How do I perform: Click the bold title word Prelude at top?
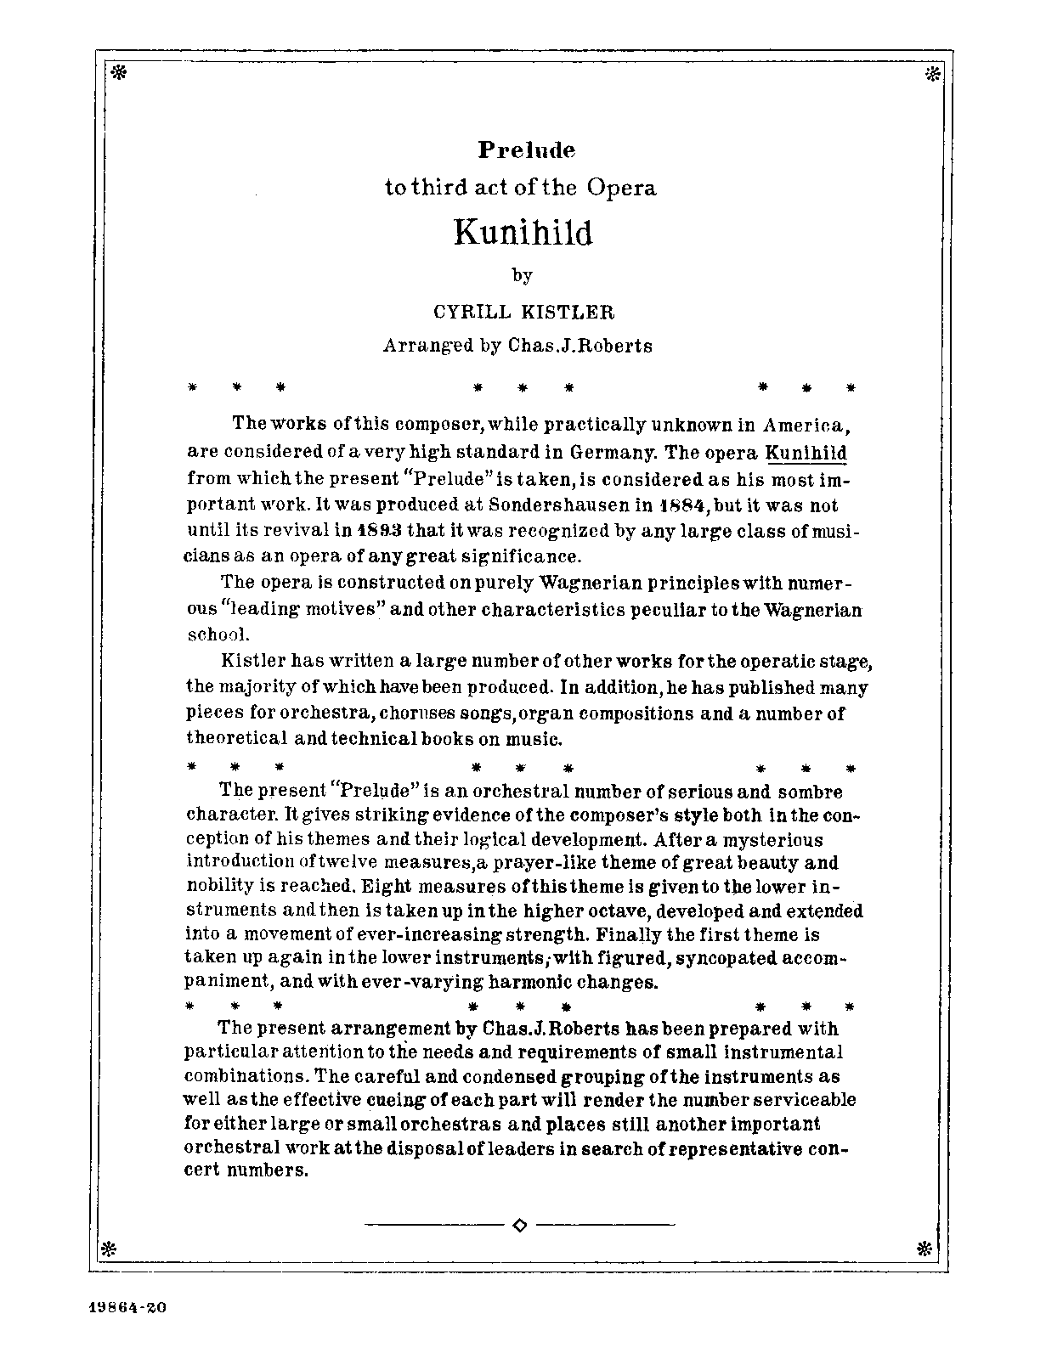(526, 150)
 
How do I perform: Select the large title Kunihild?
(523, 231)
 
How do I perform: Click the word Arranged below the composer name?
(428, 346)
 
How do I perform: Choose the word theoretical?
(236, 738)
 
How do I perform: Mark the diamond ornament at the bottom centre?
(521, 1225)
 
